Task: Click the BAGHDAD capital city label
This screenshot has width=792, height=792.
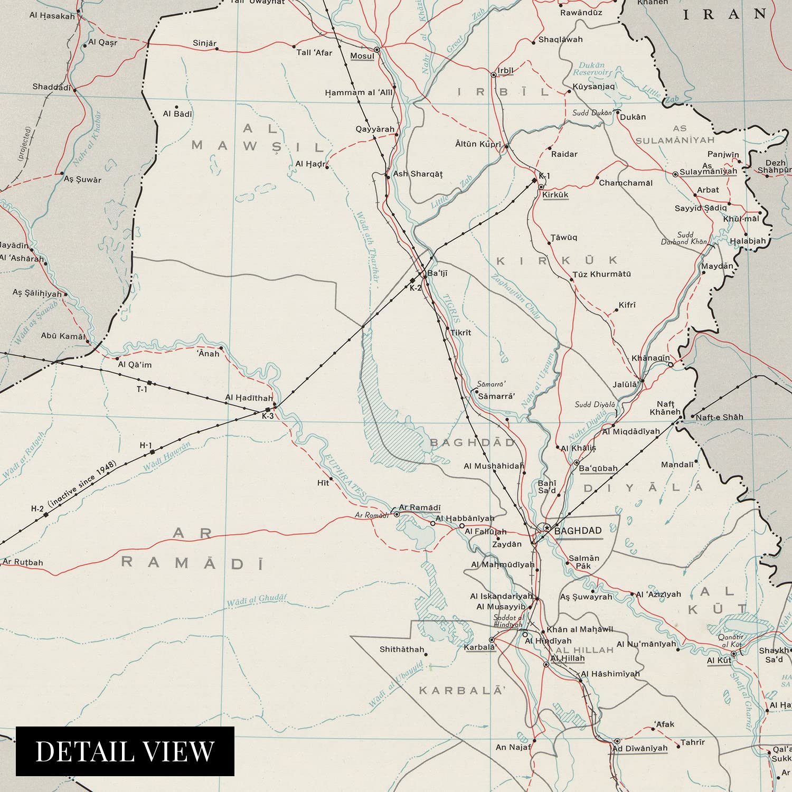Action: [x=578, y=531]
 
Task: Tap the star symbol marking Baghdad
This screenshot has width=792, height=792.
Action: [x=546, y=527]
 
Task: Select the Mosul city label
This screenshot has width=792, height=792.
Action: [x=362, y=56]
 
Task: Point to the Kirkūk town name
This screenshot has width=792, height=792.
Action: [x=555, y=195]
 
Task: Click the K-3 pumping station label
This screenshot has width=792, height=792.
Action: [x=268, y=416]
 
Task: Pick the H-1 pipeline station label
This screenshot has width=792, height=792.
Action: [x=146, y=446]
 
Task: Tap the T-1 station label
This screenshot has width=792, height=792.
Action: [x=142, y=390]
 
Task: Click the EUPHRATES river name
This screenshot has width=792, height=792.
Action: [x=345, y=476]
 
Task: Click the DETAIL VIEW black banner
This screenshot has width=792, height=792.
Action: [x=125, y=751]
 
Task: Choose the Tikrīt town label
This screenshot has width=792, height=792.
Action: [x=460, y=333]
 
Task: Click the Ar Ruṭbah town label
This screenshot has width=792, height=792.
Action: [x=23, y=562]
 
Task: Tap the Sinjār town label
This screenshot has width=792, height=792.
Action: [x=204, y=43]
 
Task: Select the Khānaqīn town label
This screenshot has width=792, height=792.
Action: [x=650, y=358]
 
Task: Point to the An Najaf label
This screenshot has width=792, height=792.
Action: [x=513, y=747]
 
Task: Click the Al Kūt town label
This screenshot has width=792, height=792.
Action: [x=719, y=661]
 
